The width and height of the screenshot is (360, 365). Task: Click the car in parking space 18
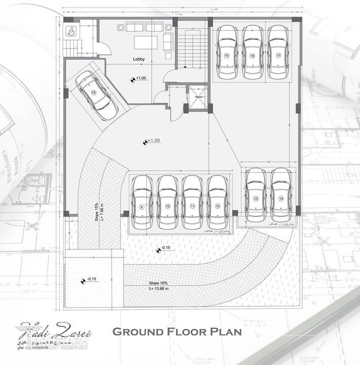(96, 95)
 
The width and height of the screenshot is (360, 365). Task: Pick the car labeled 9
(142, 202)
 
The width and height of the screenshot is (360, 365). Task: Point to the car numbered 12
(218, 202)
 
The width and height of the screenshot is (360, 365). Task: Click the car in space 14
(281, 194)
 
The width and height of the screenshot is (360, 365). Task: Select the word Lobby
(139, 59)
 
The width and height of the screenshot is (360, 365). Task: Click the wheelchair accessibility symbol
(69, 30)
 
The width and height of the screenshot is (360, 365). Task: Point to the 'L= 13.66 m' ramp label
(158, 288)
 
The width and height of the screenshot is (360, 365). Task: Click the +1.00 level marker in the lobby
(138, 78)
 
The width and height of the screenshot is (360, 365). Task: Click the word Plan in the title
(224, 333)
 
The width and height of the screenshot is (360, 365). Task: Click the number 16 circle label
(252, 56)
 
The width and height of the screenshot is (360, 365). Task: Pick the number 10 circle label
(167, 207)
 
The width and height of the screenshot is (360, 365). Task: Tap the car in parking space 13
(256, 194)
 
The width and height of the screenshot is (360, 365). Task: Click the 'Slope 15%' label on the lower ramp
(158, 283)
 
